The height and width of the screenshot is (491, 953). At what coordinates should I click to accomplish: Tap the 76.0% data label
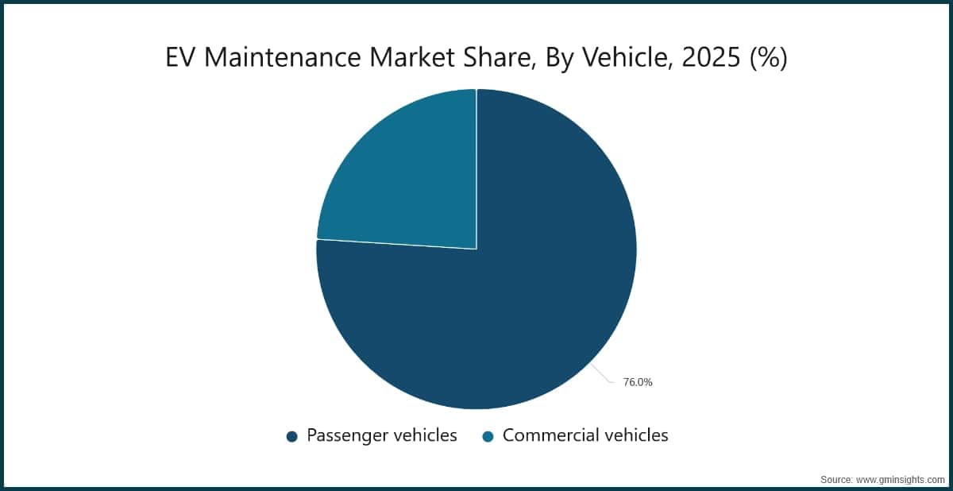pos(637,382)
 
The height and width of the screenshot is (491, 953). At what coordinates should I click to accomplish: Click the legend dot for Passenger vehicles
pos(291,436)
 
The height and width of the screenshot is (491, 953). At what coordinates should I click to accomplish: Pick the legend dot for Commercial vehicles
pos(488,436)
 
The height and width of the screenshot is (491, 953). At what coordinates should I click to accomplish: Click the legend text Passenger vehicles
pos(382,435)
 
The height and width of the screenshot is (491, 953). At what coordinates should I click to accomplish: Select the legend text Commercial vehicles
pos(585,435)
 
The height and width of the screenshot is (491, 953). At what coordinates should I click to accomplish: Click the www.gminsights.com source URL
pos(901,480)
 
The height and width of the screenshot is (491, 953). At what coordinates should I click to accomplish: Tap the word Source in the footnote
pos(836,480)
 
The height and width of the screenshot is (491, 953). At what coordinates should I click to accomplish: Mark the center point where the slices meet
pos(476,249)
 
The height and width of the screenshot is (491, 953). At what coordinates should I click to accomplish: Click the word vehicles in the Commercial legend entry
pos(631,435)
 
